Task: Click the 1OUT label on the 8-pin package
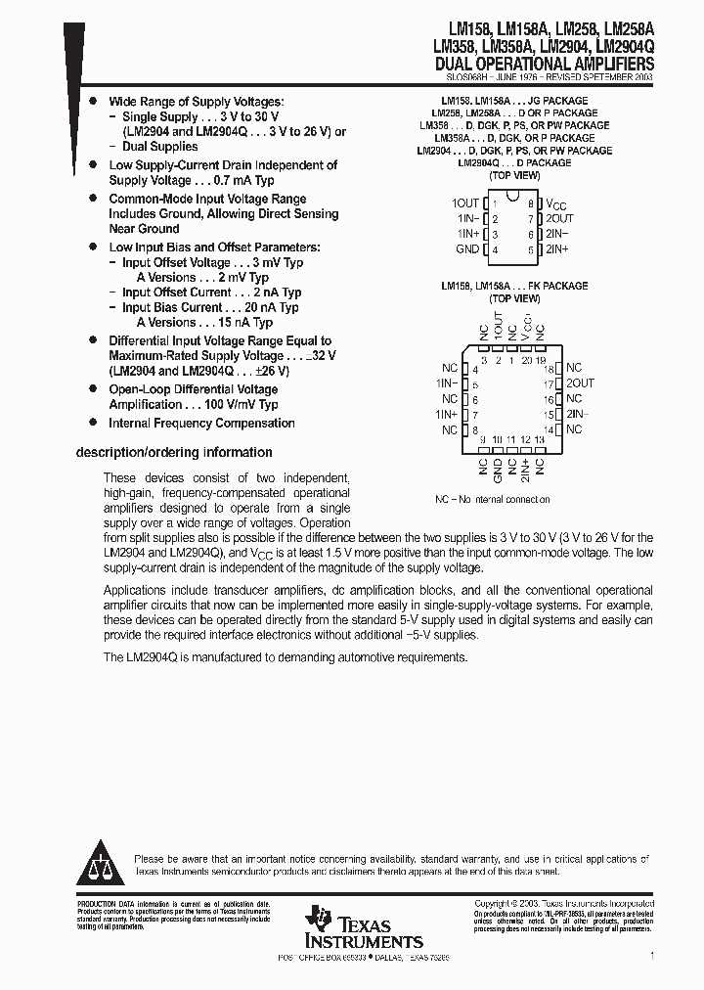point(465,203)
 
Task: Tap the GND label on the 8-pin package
point(467,250)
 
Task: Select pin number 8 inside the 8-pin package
point(530,203)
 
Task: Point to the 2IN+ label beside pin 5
point(557,250)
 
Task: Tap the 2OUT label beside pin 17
point(580,383)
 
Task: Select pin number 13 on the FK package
point(540,440)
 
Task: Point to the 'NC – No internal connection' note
point(492,500)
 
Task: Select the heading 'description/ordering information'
point(174,453)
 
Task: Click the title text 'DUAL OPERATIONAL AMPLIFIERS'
point(543,63)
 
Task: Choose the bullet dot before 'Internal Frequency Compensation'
point(93,423)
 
